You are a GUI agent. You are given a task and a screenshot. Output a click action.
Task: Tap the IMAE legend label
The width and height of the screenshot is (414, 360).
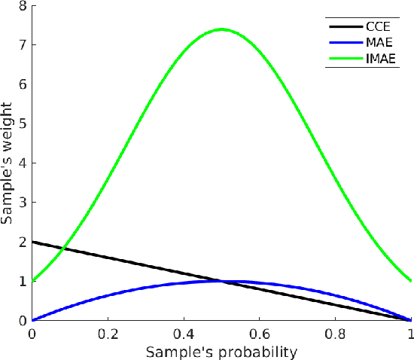tap(379, 59)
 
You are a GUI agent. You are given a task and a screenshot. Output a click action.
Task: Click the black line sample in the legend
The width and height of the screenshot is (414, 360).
tap(342, 26)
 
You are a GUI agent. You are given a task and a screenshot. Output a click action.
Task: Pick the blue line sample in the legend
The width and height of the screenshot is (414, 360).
tap(342, 43)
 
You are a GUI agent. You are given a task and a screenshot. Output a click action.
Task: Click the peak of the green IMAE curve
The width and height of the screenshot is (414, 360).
tap(221, 29)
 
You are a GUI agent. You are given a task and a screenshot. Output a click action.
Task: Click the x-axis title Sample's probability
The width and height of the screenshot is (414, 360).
tap(222, 352)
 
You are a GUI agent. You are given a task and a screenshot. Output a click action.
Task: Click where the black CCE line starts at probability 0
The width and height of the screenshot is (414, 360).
tap(32, 242)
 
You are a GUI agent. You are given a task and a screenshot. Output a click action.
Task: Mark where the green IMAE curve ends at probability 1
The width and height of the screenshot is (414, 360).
tap(411, 281)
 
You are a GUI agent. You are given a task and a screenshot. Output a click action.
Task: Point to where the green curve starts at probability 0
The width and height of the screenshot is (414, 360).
tap(32, 281)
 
